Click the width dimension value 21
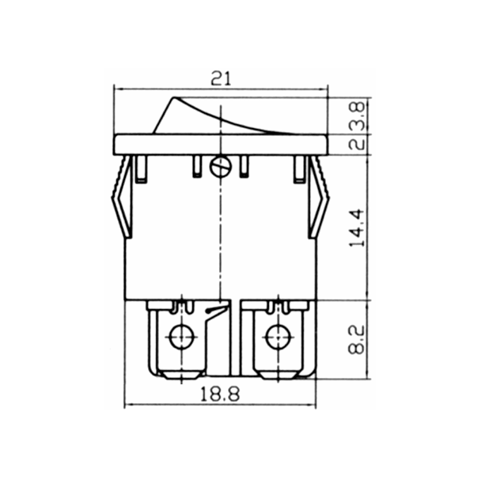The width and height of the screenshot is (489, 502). point(221,77)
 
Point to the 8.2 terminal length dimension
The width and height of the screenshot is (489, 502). point(357,338)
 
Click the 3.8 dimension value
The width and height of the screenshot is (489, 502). point(357,115)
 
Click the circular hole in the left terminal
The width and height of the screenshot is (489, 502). point(182,336)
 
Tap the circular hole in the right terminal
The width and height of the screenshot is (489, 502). point(277,337)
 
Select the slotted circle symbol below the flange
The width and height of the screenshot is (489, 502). point(221,167)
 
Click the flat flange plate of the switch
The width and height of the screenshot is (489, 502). point(221,144)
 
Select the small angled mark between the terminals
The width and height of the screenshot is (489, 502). point(213,313)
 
